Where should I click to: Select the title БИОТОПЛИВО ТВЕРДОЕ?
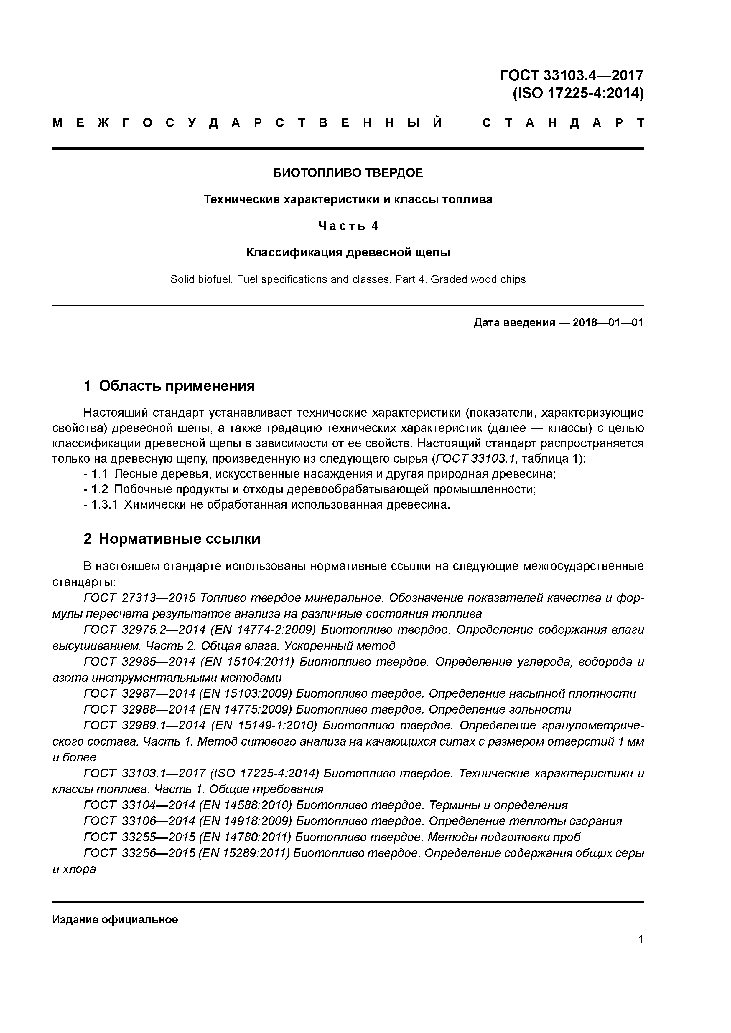coord(348,173)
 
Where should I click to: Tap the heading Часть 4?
coord(348,226)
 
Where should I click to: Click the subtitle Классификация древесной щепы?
coord(348,253)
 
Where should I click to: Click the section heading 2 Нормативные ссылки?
coord(172,539)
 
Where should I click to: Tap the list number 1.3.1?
coord(104,505)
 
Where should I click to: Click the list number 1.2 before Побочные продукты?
coord(99,489)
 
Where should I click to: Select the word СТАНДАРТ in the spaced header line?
coord(563,123)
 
